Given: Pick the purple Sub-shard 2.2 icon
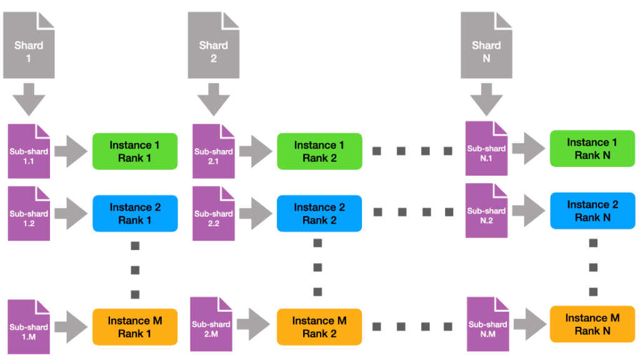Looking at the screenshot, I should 213,213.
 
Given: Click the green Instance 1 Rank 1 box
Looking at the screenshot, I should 135,151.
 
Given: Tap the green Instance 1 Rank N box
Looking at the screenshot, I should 592,149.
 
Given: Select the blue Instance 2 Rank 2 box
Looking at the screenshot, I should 319,213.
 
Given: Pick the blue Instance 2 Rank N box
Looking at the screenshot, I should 592,211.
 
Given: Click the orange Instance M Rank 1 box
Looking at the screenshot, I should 135,327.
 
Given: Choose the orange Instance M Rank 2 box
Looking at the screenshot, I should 319,327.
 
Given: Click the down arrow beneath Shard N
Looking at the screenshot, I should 486,99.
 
